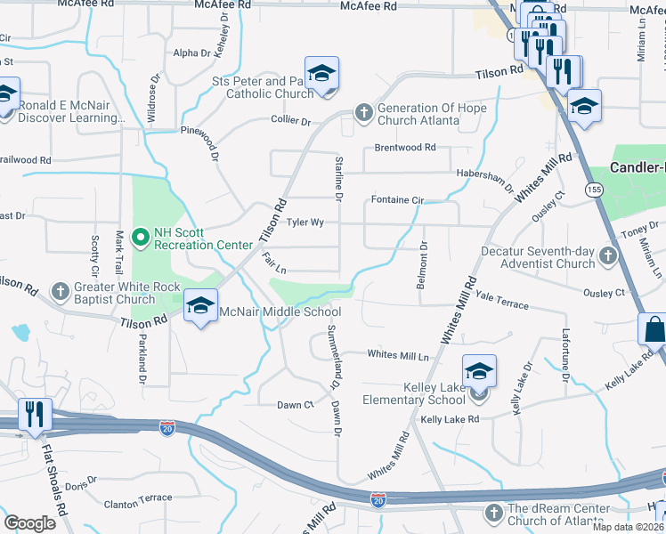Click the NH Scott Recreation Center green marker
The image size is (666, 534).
[140, 237]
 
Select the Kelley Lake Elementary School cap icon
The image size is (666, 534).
[479, 372]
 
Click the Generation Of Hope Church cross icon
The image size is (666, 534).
[363, 113]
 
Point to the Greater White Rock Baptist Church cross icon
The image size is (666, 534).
[60, 291]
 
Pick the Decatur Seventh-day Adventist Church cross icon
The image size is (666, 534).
[607, 257]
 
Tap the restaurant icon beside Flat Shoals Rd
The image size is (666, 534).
[35, 414]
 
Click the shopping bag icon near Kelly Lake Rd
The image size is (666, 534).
[654, 328]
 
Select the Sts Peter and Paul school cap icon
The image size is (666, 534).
[321, 73]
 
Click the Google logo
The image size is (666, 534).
[29, 522]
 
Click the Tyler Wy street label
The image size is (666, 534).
[305, 222]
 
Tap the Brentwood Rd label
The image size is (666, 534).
[405, 147]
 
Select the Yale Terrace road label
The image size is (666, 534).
[502, 302]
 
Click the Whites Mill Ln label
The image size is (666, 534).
[398, 355]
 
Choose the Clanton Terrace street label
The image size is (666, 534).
[138, 498]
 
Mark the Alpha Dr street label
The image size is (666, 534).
[192, 53]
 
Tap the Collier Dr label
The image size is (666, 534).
[289, 121]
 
